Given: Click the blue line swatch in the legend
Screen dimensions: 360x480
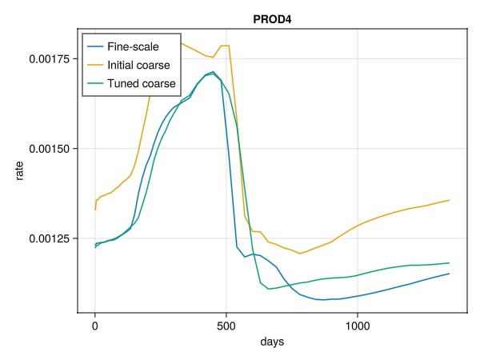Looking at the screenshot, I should pos(98,47).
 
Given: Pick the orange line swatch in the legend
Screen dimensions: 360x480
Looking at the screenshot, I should pos(98,65).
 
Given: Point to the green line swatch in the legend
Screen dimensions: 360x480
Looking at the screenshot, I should pos(98,82).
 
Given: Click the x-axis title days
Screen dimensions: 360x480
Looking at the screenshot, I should pos(272,342).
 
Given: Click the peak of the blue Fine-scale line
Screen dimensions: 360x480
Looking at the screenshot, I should pos(213,72).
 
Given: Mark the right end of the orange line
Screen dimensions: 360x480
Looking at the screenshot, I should pos(449,200).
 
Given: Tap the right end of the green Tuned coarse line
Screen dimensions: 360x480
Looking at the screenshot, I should pos(449,262).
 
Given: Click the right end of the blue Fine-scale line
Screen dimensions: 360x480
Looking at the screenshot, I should pos(449,274).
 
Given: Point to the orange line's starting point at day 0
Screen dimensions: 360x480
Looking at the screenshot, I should pos(95,210).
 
